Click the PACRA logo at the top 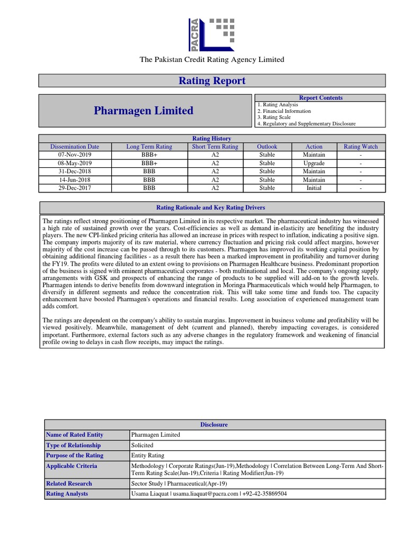click(x=211, y=34)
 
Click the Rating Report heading click(x=211, y=81)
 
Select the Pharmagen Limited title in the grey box click(x=144, y=111)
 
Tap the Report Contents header click(x=321, y=98)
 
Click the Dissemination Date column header click(x=74, y=147)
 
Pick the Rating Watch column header click(x=360, y=147)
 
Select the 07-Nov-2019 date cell click(x=74, y=155)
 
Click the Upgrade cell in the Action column click(x=314, y=164)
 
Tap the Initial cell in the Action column click(x=314, y=188)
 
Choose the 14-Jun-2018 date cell click(x=74, y=180)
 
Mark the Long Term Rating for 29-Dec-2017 click(x=149, y=188)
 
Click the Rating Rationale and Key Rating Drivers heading click(x=211, y=207)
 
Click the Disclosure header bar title click(x=214, y=424)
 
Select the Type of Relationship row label click(x=73, y=445)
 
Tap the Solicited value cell click(x=142, y=445)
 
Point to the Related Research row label click(x=69, y=483)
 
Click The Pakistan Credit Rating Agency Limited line click(x=211, y=59)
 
